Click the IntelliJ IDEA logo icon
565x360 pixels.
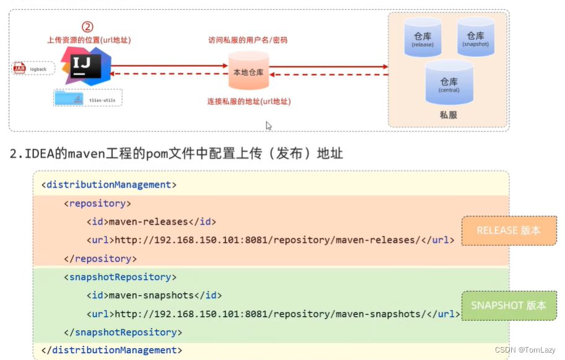[x=85, y=66]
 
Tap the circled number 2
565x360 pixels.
[x=88, y=27]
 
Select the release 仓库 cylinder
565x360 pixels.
[x=423, y=37]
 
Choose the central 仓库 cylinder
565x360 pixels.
[x=449, y=82]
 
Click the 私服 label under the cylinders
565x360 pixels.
[x=449, y=115]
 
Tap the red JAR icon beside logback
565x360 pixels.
[x=20, y=68]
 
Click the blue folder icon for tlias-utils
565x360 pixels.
[x=68, y=98]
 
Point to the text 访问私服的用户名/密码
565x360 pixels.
[x=248, y=40]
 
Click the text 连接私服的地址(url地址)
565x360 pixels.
[x=249, y=101]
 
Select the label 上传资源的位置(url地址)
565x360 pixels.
[x=89, y=40]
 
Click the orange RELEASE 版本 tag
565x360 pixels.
[x=509, y=230]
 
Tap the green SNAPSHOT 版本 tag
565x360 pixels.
[x=509, y=305]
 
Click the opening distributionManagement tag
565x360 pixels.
[x=109, y=185]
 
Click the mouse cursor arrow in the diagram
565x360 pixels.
[x=268, y=125]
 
